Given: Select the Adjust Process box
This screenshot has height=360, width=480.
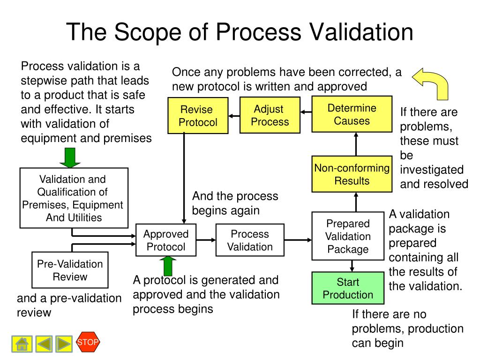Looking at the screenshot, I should (270, 115).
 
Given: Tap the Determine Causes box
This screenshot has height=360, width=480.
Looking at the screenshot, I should (352, 114).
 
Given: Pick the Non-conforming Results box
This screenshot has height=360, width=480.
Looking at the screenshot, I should (352, 174).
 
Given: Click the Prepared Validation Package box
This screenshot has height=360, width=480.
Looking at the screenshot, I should (348, 236).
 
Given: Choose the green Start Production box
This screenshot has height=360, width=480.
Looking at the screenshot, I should (348, 288).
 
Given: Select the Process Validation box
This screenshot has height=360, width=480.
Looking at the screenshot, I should (250, 240).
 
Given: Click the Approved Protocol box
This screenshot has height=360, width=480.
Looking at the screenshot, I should (166, 240).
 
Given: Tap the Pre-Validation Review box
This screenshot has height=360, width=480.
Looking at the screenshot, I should (70, 270).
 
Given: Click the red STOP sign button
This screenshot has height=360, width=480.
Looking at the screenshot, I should (88, 342).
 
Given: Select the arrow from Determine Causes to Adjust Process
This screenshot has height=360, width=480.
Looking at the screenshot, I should (306, 112).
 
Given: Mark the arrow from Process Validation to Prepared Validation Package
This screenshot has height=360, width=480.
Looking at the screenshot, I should (298, 240).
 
